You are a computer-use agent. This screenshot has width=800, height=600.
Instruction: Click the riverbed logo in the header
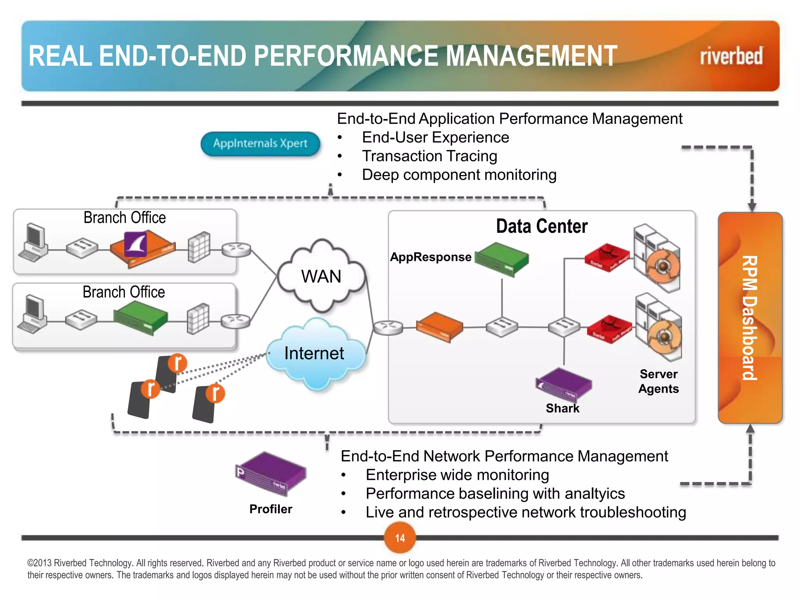(x=731, y=56)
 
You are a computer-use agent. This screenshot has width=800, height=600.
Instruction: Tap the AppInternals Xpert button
(x=260, y=144)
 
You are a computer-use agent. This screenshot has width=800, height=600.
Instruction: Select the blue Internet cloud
(x=315, y=354)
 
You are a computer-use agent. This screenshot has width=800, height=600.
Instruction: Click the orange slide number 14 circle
(x=400, y=538)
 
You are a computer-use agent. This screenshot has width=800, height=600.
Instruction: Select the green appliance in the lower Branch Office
(x=140, y=320)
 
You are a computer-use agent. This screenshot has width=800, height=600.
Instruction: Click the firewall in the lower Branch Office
(x=198, y=319)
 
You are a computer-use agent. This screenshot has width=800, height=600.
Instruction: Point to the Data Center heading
(x=541, y=227)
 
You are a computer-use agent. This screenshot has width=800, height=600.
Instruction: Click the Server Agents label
(x=659, y=381)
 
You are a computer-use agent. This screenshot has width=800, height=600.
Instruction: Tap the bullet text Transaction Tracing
(x=429, y=156)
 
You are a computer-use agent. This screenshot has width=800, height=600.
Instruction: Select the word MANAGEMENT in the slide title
(x=532, y=56)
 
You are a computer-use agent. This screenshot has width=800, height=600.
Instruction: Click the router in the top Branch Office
(x=236, y=250)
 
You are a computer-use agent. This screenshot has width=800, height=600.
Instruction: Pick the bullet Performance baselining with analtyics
(x=495, y=494)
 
